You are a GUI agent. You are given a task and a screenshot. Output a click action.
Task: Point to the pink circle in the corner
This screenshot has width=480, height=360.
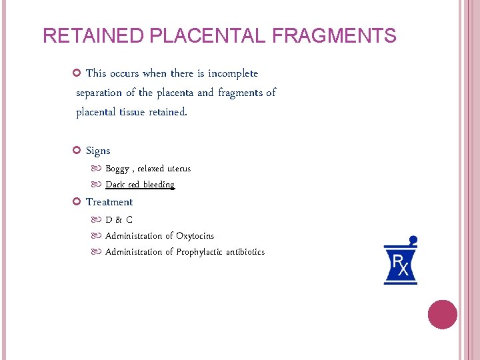[442, 315]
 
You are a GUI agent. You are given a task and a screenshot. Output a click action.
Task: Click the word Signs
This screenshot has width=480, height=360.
[98, 151]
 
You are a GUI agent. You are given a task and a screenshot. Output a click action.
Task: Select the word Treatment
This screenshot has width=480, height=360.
[109, 202]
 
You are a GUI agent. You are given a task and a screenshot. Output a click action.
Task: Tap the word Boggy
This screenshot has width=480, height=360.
[118, 169]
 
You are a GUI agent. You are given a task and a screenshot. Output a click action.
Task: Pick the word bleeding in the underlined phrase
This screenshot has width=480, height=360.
[158, 185]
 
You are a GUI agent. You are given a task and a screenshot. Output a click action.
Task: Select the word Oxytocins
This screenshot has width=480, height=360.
[195, 235]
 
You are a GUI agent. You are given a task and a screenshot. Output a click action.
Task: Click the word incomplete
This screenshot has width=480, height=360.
[233, 73]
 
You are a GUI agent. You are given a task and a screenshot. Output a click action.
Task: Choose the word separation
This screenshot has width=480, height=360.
[99, 93]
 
